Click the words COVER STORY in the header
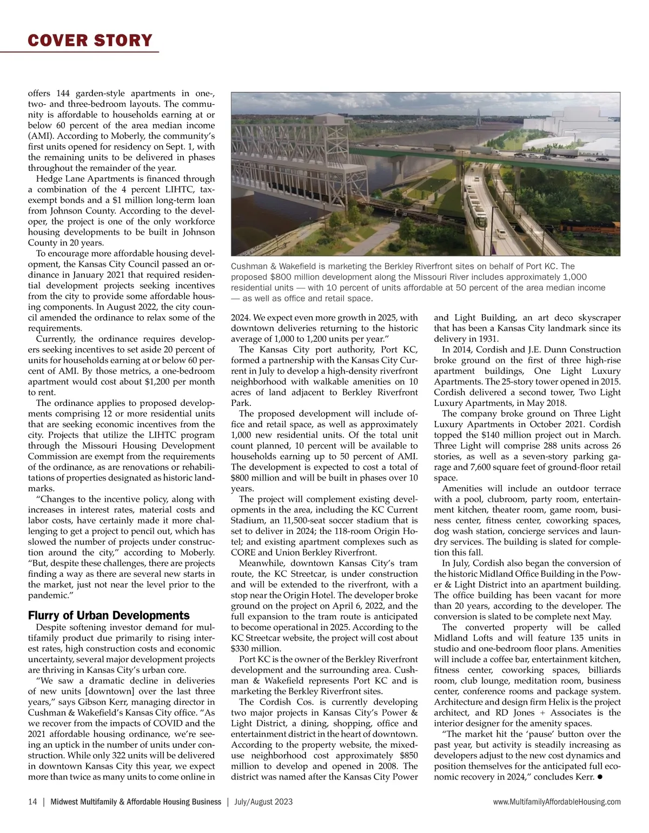[x=90, y=41]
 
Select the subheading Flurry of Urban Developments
[x=109, y=615]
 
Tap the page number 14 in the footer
[x=32, y=802]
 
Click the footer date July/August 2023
[x=263, y=802]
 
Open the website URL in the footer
[x=557, y=802]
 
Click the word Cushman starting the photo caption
[x=248, y=266]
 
